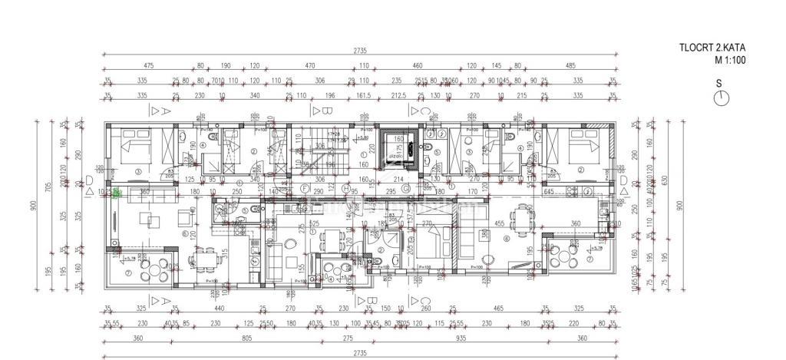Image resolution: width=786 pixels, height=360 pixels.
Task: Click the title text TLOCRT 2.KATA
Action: point(712,48)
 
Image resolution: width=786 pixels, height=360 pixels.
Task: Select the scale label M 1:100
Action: point(730,59)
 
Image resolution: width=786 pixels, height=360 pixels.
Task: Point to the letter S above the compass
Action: point(718,83)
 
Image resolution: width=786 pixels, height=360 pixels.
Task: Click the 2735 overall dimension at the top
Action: point(360,51)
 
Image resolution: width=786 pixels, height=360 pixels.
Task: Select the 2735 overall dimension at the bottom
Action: point(360,353)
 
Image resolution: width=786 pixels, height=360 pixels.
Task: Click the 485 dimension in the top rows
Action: point(570,66)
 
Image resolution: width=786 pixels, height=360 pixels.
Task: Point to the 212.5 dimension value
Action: point(398,96)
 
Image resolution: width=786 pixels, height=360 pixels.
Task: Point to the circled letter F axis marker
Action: point(305,189)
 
